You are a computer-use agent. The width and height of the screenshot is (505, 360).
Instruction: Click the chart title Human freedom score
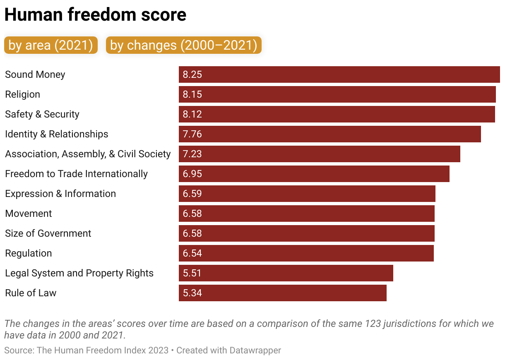point(95,15)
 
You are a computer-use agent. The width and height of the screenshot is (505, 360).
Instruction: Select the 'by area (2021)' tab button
point(51,45)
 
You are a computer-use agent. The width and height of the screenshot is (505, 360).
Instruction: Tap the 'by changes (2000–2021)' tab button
point(184,45)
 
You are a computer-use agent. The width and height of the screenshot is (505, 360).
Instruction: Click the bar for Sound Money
point(339,74)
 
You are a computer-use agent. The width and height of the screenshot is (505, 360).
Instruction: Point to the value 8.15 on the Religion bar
point(192,94)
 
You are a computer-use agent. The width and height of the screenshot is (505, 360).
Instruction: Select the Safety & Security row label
point(42,114)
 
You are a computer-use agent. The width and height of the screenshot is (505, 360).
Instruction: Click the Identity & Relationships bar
point(329,134)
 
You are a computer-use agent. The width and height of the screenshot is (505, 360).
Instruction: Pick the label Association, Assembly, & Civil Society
point(88,154)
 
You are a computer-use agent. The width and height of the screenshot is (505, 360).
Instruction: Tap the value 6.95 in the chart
point(192,174)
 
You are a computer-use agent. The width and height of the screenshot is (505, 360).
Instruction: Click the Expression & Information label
point(60,194)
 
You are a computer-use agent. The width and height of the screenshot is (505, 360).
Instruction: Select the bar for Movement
point(306,214)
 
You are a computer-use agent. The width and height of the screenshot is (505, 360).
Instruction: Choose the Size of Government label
point(48,233)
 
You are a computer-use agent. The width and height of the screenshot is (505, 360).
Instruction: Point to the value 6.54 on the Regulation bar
point(192,253)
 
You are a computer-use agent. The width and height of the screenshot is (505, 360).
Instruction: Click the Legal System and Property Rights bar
point(286,273)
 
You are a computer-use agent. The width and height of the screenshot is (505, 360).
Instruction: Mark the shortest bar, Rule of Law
point(282,293)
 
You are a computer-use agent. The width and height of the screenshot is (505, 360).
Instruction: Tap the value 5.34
point(192,293)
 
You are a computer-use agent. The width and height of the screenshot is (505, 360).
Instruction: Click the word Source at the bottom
point(19,350)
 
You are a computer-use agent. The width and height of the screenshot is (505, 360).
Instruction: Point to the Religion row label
point(23,94)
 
